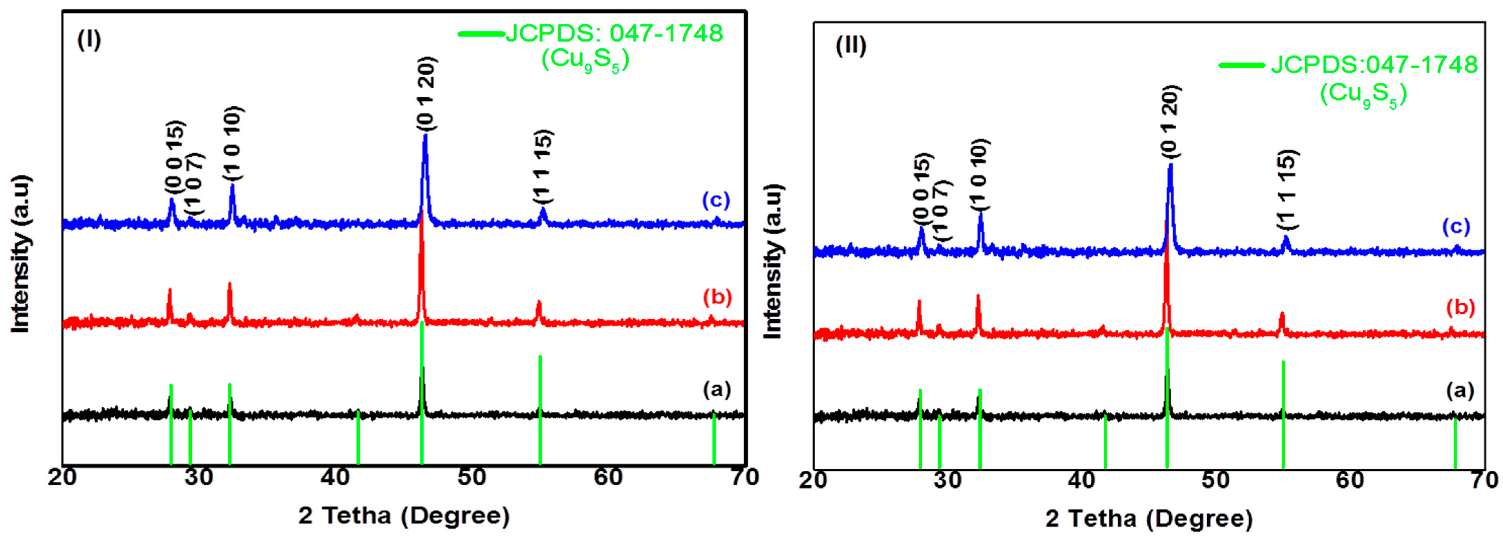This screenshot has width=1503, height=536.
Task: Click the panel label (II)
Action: [851, 46]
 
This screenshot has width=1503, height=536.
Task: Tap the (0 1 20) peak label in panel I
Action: [426, 94]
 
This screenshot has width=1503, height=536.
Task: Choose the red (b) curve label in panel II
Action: [1460, 307]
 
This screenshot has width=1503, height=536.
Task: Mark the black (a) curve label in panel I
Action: [717, 389]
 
